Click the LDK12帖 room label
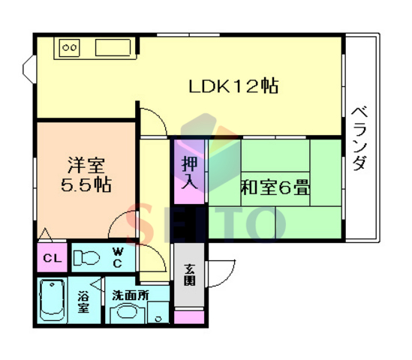(x=233, y=85)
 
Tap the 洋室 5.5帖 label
(x=86, y=175)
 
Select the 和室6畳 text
(x=275, y=187)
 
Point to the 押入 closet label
(x=189, y=172)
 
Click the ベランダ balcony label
(x=359, y=139)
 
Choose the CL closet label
(x=53, y=258)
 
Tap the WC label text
(x=118, y=257)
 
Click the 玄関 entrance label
(x=189, y=274)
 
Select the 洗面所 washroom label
(x=131, y=295)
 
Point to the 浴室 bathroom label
(x=83, y=302)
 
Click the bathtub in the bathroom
(x=52, y=301)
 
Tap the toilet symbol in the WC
(x=86, y=258)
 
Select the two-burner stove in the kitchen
(x=69, y=48)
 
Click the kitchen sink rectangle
(x=113, y=47)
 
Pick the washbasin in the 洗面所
(x=127, y=313)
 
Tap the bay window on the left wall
(x=29, y=69)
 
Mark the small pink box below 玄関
(x=189, y=317)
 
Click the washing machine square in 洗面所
(x=158, y=313)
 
